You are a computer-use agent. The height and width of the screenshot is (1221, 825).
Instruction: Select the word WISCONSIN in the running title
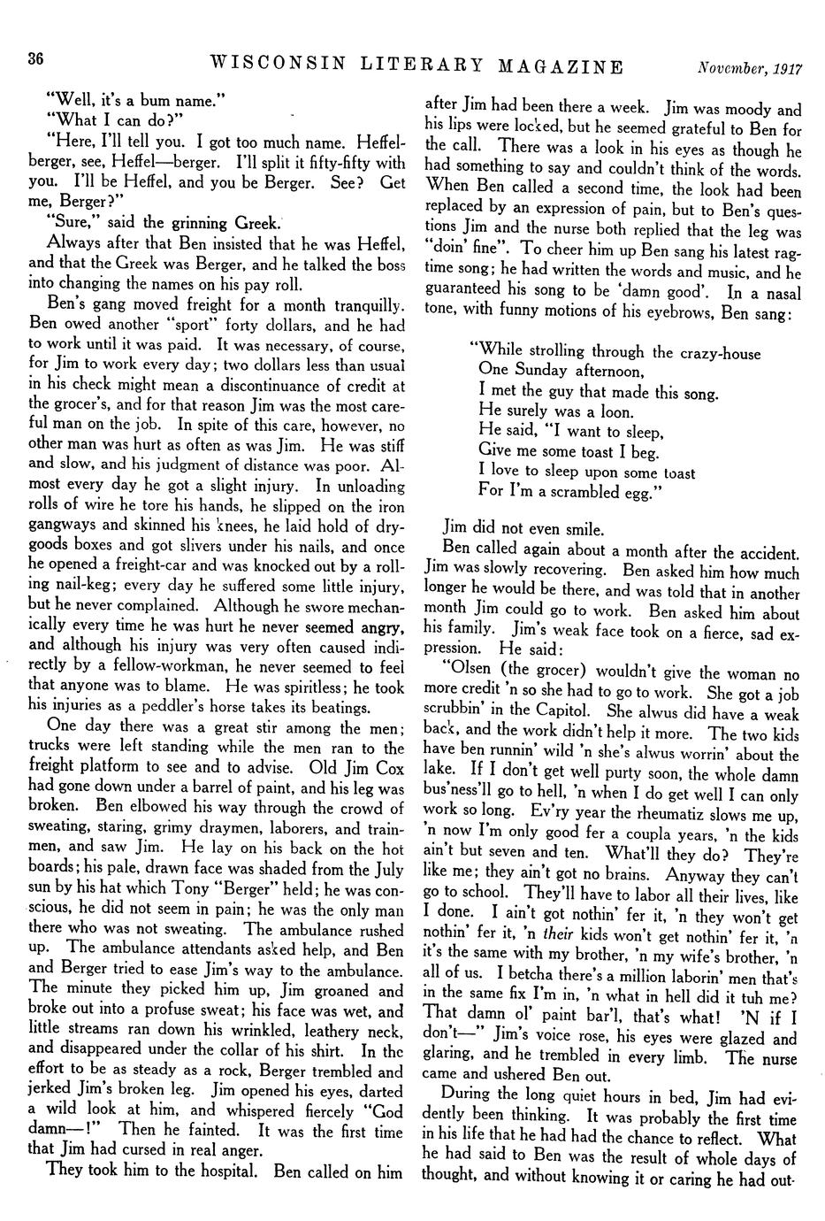pos(279,65)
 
